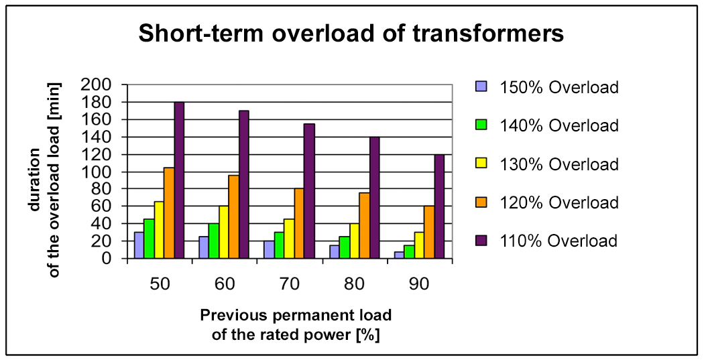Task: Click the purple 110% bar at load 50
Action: coord(179,180)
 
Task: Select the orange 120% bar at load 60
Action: coord(234,217)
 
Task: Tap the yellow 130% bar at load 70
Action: coord(289,239)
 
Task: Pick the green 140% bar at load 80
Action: coord(344,247)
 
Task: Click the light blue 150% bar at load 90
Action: coord(399,255)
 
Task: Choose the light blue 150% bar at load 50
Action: coord(139,245)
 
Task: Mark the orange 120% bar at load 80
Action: coord(363,226)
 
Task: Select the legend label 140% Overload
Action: coord(559,125)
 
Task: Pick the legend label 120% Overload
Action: coord(559,202)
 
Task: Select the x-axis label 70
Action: coord(290,285)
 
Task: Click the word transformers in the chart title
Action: coord(488,34)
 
